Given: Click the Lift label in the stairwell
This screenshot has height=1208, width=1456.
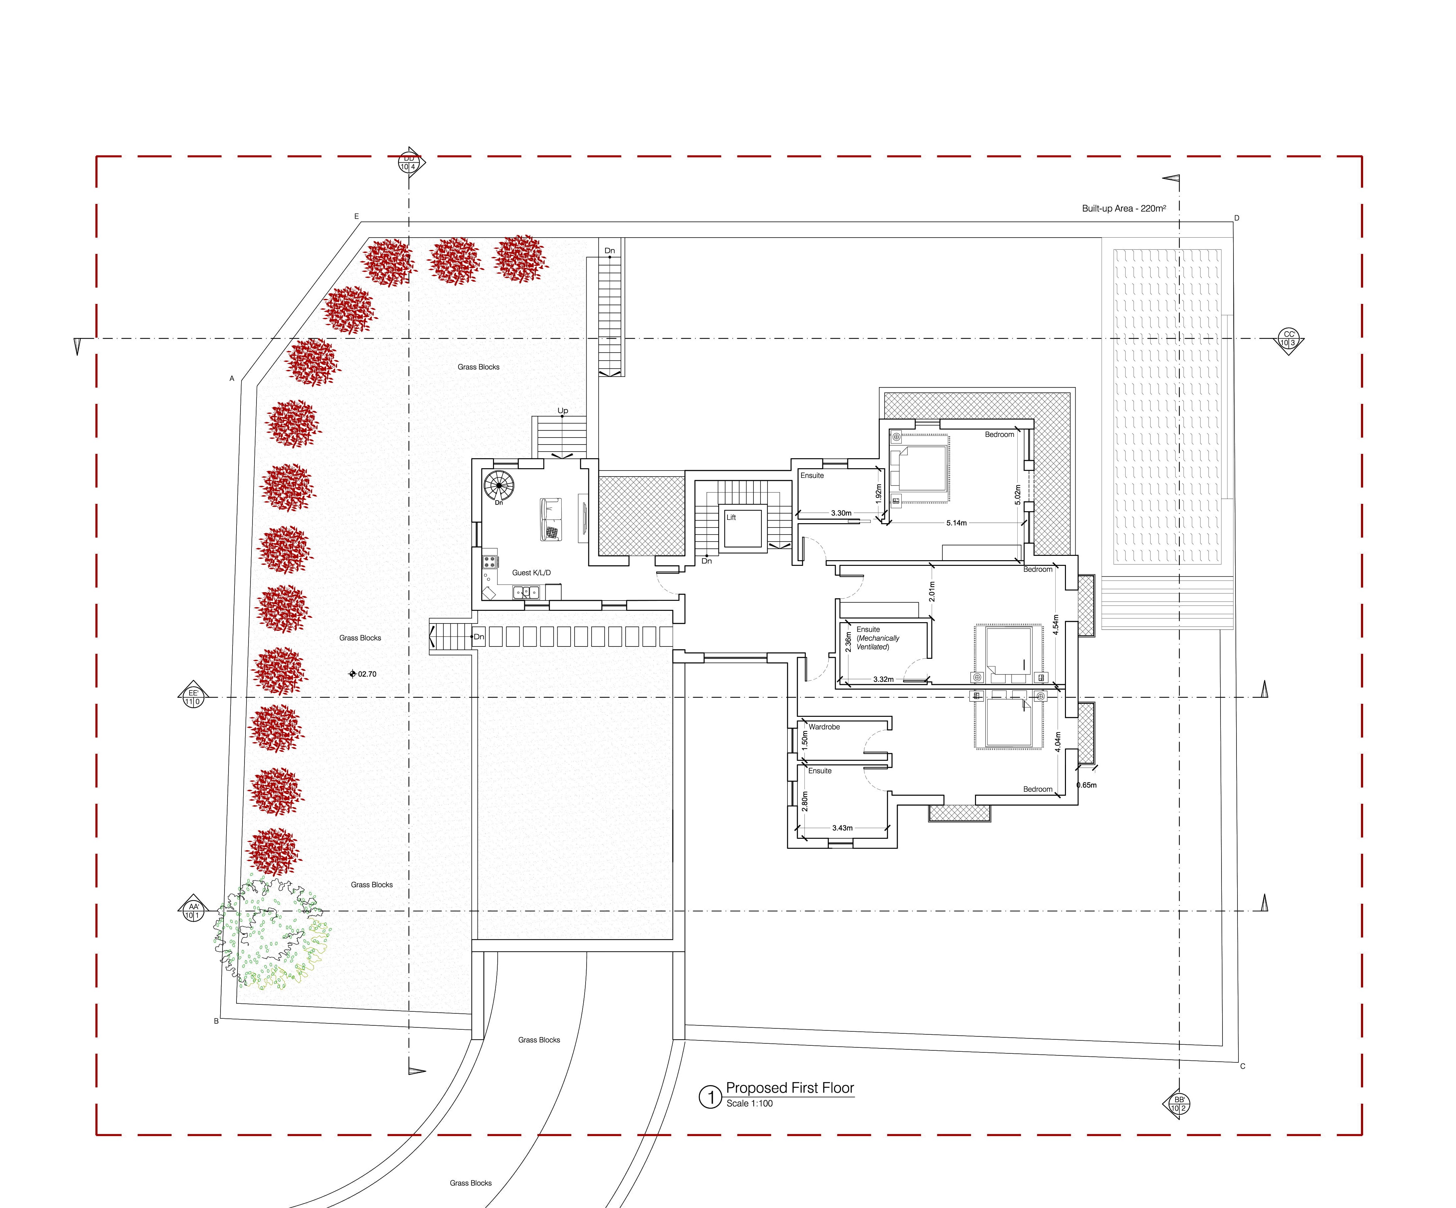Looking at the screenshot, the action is tap(731, 517).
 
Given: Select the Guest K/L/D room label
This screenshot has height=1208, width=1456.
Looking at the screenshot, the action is tap(531, 573).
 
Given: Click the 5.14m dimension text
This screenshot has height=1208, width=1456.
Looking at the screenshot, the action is tap(956, 523).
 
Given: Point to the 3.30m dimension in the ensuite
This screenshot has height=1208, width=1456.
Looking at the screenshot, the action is tap(841, 513).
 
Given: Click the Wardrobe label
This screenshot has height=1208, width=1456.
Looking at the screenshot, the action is tap(824, 727).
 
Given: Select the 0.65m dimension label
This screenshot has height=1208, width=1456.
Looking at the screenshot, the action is tap(1087, 785).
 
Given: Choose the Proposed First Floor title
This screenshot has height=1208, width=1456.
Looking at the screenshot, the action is tap(790, 1088).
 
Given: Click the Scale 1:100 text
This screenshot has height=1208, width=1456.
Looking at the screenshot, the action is tap(749, 1103).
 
